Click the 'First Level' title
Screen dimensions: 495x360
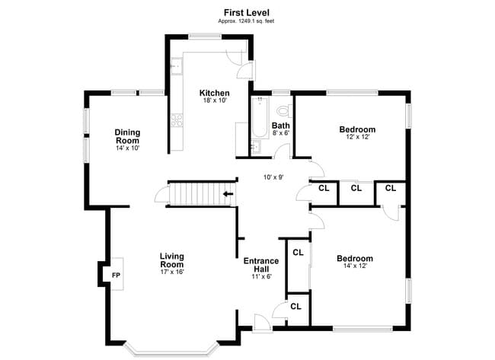click(247, 13)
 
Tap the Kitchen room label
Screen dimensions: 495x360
click(214, 93)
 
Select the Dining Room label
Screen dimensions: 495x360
click(127, 136)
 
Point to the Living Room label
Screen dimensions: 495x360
click(172, 260)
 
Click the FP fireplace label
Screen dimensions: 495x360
click(117, 275)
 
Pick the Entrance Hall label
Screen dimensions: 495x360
click(261, 265)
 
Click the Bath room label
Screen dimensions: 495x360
click(281, 126)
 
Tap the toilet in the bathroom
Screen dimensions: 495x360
click(285, 110)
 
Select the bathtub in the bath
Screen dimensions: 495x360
click(260, 118)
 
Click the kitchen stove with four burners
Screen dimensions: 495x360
click(177, 120)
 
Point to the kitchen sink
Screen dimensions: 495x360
click(177, 66)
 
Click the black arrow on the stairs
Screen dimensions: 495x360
click(228, 194)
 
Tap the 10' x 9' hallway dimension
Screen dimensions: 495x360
click(273, 177)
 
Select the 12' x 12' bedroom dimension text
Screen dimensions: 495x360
click(357, 137)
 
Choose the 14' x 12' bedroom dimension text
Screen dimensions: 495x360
click(355, 266)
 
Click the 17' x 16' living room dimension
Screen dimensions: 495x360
click(172, 272)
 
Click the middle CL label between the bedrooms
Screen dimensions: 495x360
click(356, 188)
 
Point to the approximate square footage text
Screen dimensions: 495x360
click(246, 21)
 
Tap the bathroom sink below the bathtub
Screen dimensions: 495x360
click(256, 147)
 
